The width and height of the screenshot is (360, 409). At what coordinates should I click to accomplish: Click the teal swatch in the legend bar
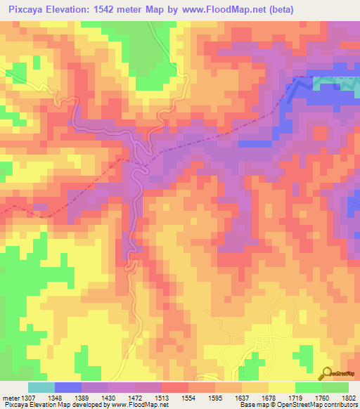41,387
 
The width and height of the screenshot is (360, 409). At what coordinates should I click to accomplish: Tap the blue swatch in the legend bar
68,387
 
